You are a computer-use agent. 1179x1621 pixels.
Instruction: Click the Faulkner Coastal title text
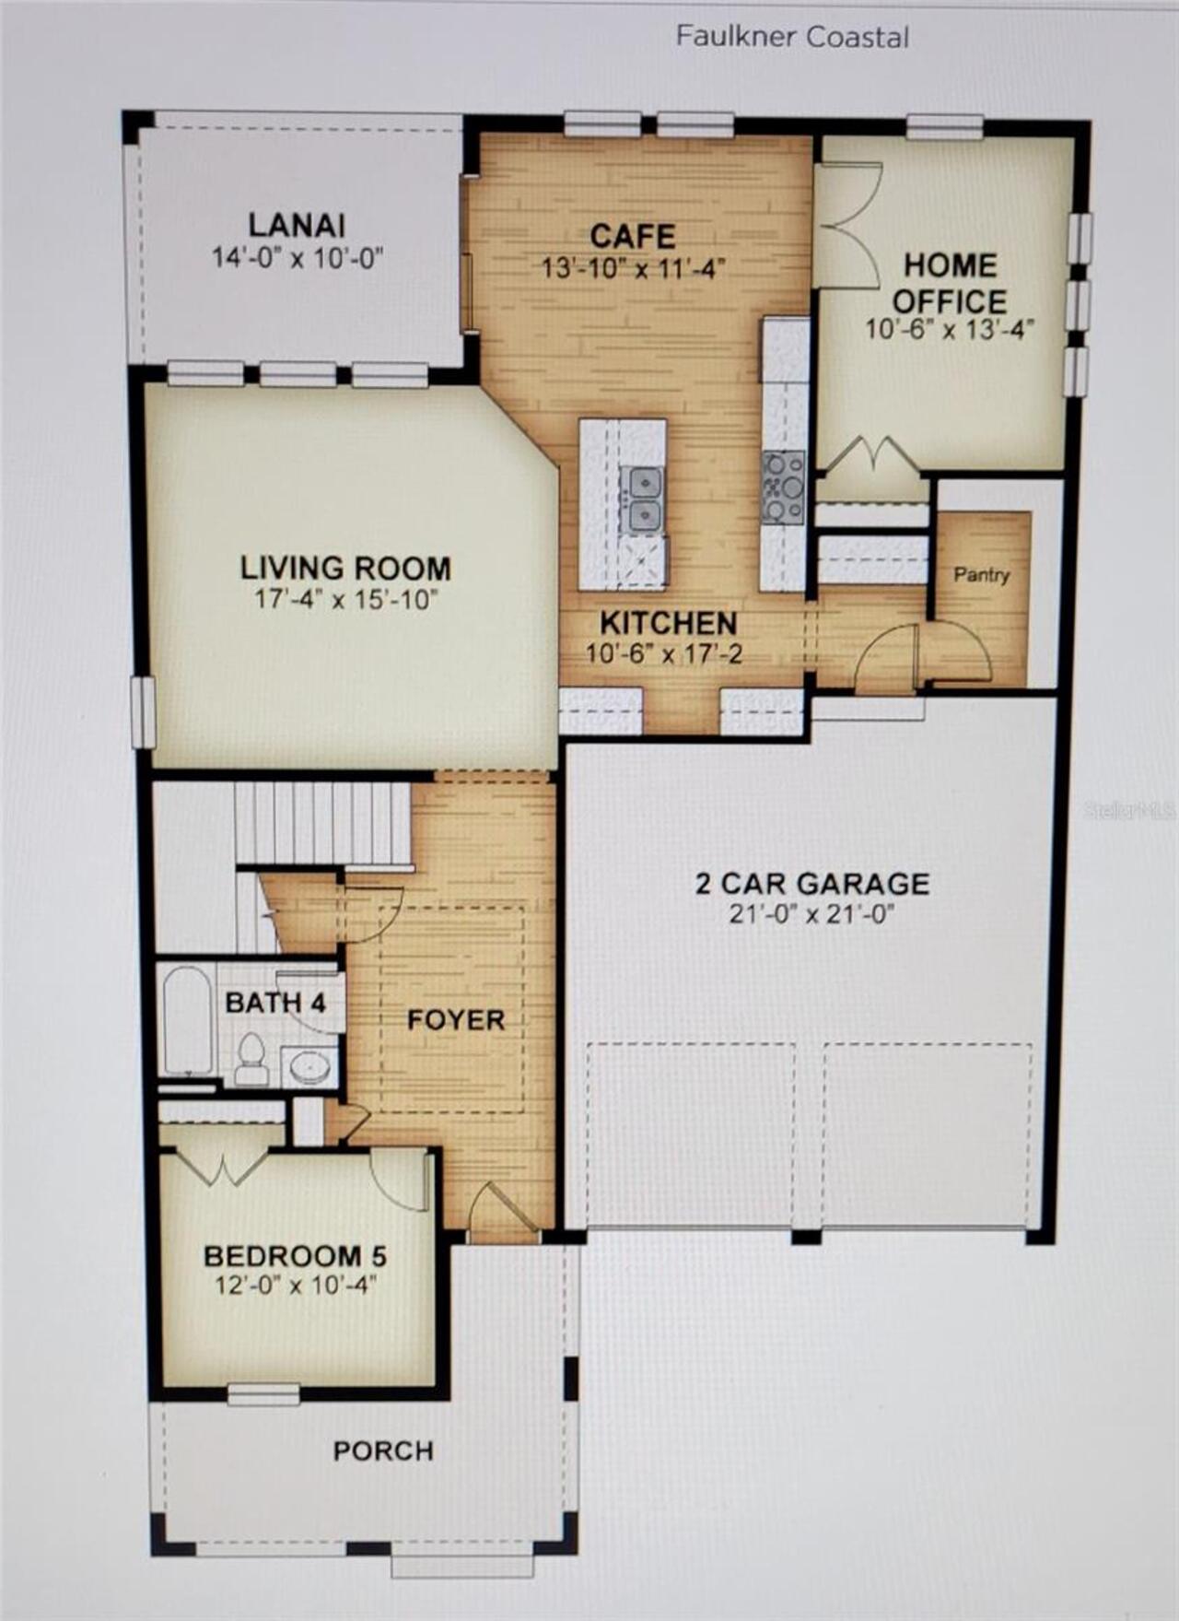pos(792,37)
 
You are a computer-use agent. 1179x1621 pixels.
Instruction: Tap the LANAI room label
pos(297,225)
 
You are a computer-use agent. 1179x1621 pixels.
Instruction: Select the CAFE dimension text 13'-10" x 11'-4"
pos(634,269)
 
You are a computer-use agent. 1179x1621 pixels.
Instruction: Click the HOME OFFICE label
pos(950,283)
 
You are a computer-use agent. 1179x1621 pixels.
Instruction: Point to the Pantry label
pos(981,575)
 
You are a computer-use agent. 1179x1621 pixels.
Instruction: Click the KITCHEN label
pos(669,623)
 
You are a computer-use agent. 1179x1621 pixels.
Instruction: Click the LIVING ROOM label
pos(345,568)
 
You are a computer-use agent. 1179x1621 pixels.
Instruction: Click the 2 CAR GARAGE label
pos(811,884)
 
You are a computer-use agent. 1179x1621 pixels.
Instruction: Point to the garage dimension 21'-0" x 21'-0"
pos(811,914)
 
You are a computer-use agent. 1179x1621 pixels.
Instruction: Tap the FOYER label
pos(456,1020)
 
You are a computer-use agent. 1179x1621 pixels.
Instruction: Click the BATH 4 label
pos(275,1003)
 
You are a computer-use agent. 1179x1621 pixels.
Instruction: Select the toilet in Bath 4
pos(251,1060)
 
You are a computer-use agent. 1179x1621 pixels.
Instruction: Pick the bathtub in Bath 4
pos(187,1020)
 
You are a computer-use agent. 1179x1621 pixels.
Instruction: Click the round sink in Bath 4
pos(308,1067)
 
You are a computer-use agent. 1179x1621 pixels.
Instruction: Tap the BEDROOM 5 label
pos(295,1256)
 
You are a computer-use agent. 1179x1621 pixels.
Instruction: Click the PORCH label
pos(383,1451)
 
